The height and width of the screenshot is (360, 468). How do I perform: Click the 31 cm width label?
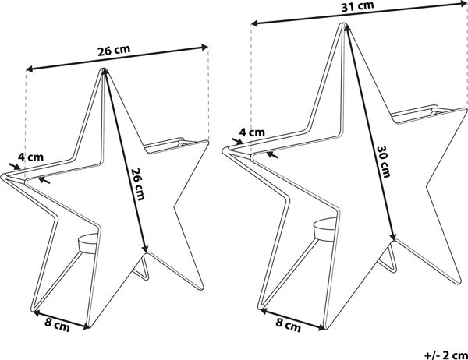tap(357, 7)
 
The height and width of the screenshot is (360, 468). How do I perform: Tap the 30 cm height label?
tap(384, 161)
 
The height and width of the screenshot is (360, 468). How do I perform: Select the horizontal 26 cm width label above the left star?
tap(114, 50)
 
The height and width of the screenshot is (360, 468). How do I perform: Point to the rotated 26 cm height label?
tap(138, 184)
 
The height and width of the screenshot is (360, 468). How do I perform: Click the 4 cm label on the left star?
tap(30, 157)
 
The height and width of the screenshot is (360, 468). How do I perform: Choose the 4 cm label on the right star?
tap(252, 132)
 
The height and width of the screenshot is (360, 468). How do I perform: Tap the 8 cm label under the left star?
tap(57, 325)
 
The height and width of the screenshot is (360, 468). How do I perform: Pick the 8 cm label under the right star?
tap(288, 324)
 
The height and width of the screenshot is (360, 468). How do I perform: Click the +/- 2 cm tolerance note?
tap(446, 355)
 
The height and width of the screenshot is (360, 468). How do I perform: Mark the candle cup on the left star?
tap(87, 243)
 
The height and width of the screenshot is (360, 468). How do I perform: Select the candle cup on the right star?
tap(325, 229)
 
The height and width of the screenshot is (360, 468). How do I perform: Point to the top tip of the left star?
tap(104, 69)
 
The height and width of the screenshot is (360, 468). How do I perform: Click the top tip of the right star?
tap(344, 24)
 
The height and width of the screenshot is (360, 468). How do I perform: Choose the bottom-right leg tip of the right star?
tap(457, 281)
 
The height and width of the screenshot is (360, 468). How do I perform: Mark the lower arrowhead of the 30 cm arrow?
tap(394, 237)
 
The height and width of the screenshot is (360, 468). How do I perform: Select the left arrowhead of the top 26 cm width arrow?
tap(30, 69)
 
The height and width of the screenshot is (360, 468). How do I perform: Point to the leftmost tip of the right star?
tap(225, 150)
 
